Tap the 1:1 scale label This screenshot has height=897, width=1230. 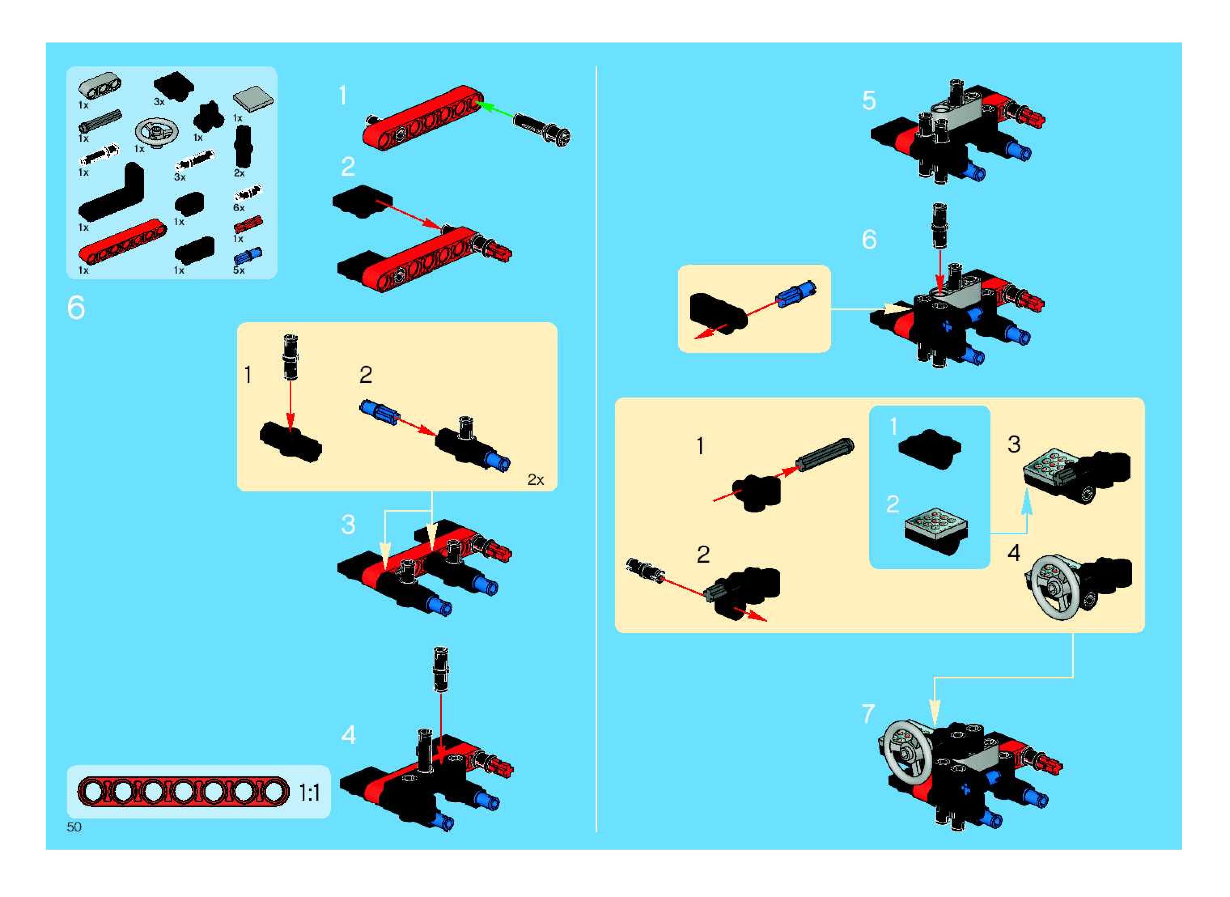tap(310, 793)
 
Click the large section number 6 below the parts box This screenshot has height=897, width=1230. tap(76, 308)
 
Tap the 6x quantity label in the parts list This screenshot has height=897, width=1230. tap(239, 208)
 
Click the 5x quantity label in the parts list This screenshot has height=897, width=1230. tap(239, 270)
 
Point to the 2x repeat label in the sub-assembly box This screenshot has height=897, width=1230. tap(536, 480)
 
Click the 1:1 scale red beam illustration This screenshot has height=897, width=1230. tap(183, 792)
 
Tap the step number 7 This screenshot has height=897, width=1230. tap(869, 714)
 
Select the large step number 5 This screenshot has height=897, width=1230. tap(869, 100)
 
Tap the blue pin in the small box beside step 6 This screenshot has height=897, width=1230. tap(795, 294)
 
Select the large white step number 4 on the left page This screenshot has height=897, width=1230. tap(348, 735)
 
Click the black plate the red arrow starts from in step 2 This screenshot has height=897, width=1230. tap(362, 201)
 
